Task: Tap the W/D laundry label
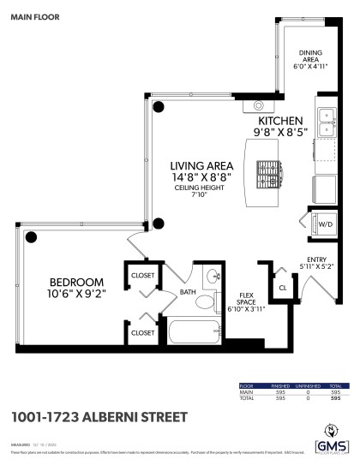(x=326, y=224)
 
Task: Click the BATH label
(x=189, y=293)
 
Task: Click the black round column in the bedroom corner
(x=31, y=236)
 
